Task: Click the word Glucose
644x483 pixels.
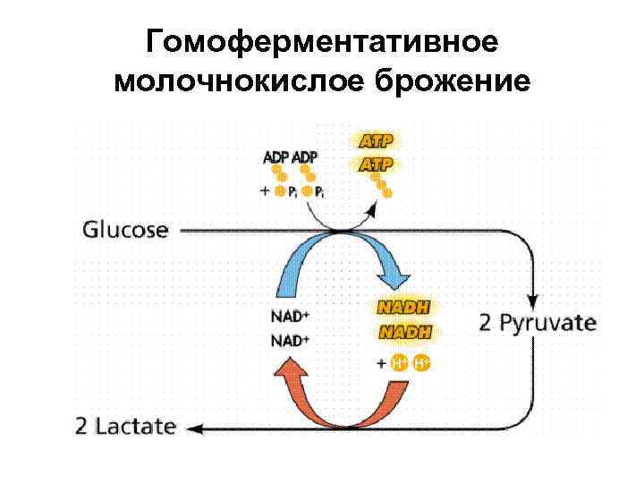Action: [125, 229]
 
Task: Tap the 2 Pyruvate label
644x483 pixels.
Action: [537, 322]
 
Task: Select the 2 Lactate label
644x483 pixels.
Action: [125, 427]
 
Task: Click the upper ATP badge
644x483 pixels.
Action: [376, 141]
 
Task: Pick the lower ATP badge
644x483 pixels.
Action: [376, 164]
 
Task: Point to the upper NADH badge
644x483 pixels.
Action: [402, 307]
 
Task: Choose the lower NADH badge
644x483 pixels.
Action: [402, 332]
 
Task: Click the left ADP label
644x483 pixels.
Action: [276, 157]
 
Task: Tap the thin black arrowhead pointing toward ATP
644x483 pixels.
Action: [370, 208]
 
